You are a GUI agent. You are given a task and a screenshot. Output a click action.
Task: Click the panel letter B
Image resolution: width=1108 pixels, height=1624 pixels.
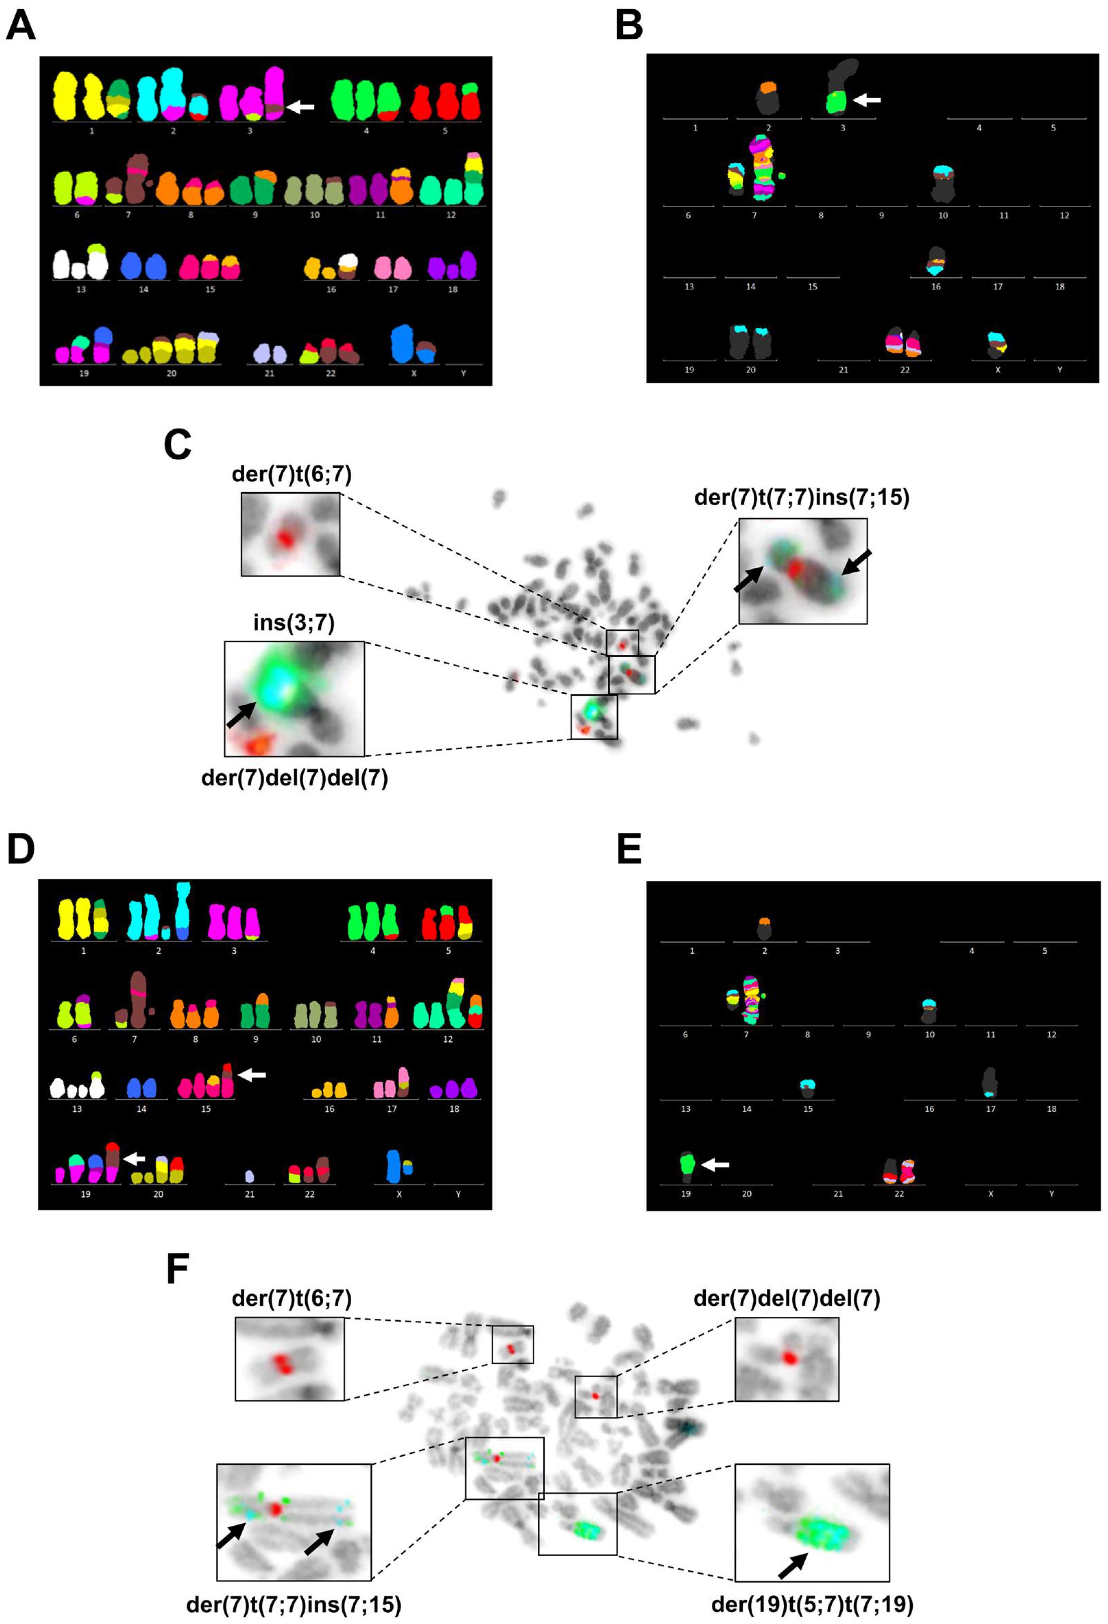click(629, 27)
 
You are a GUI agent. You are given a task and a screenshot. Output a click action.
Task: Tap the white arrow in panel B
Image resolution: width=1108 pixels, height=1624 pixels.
click(867, 101)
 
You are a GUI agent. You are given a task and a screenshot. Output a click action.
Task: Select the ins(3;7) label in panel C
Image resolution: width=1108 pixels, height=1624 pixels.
click(294, 622)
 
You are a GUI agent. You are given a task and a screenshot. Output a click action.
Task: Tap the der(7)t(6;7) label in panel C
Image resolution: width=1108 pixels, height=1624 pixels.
click(292, 474)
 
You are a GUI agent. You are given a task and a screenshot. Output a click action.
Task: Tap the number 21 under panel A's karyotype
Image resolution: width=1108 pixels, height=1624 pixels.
click(269, 374)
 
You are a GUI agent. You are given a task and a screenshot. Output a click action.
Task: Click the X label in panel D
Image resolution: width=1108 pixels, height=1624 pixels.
click(399, 1194)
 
